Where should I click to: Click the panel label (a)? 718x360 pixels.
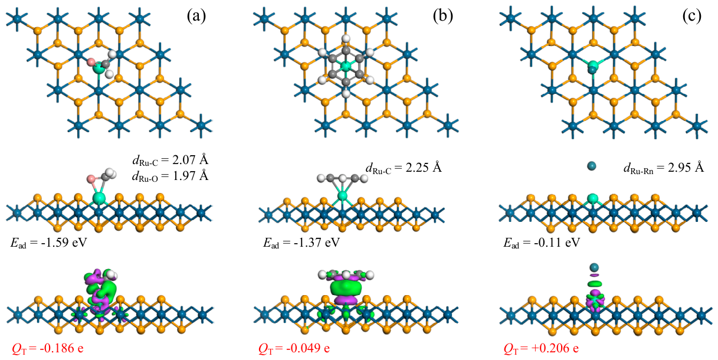[196, 16]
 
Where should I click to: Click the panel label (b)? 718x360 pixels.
[442, 16]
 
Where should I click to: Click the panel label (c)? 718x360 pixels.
[691, 16]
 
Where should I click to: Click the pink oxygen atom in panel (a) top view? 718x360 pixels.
[91, 61]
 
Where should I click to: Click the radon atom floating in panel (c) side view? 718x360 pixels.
[591, 166]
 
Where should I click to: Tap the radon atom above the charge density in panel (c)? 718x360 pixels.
[594, 267]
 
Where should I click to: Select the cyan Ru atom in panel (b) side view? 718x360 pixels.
[343, 195]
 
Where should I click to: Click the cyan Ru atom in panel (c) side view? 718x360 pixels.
[593, 199]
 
